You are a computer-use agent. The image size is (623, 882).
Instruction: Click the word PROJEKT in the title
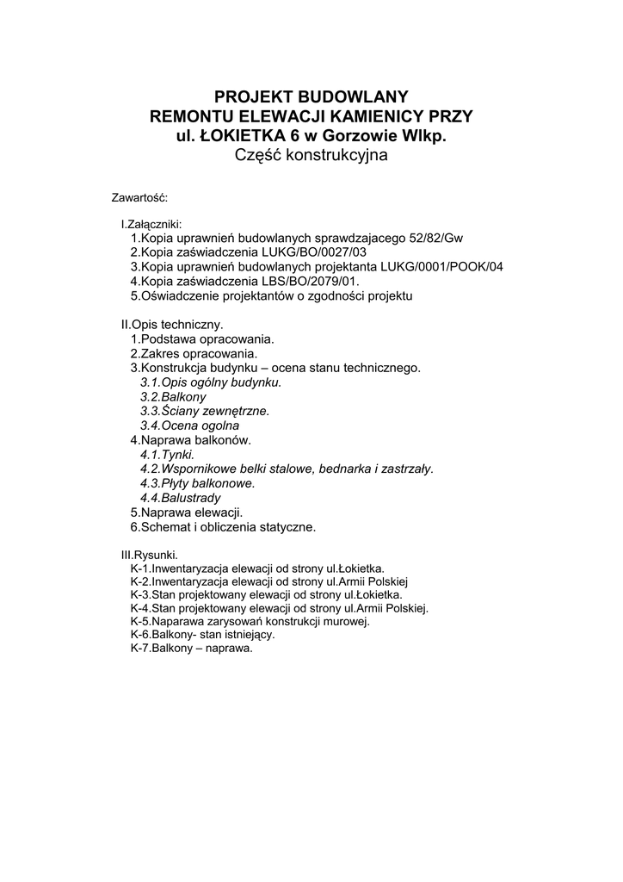pyautogui.click(x=250, y=96)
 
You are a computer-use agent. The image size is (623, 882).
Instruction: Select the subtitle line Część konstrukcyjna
pyautogui.click(x=311, y=156)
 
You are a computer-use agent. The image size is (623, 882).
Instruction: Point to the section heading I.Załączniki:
pyautogui.click(x=151, y=224)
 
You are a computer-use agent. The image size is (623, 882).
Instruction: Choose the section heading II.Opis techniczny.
pyautogui.click(x=172, y=325)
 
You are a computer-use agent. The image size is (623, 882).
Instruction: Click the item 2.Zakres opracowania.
pyautogui.click(x=193, y=353)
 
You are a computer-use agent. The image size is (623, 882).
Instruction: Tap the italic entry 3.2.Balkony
pyautogui.click(x=173, y=396)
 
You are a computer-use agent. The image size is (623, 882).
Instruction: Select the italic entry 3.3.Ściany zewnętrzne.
pyautogui.click(x=205, y=411)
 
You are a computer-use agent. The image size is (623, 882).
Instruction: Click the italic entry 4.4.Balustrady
pyautogui.click(x=180, y=498)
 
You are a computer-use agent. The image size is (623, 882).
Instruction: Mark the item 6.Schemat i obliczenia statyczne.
pyautogui.click(x=223, y=526)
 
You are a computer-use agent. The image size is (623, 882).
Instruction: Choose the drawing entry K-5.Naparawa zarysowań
pyautogui.click(x=250, y=621)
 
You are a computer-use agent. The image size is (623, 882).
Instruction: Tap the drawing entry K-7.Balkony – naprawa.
pyautogui.click(x=191, y=649)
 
